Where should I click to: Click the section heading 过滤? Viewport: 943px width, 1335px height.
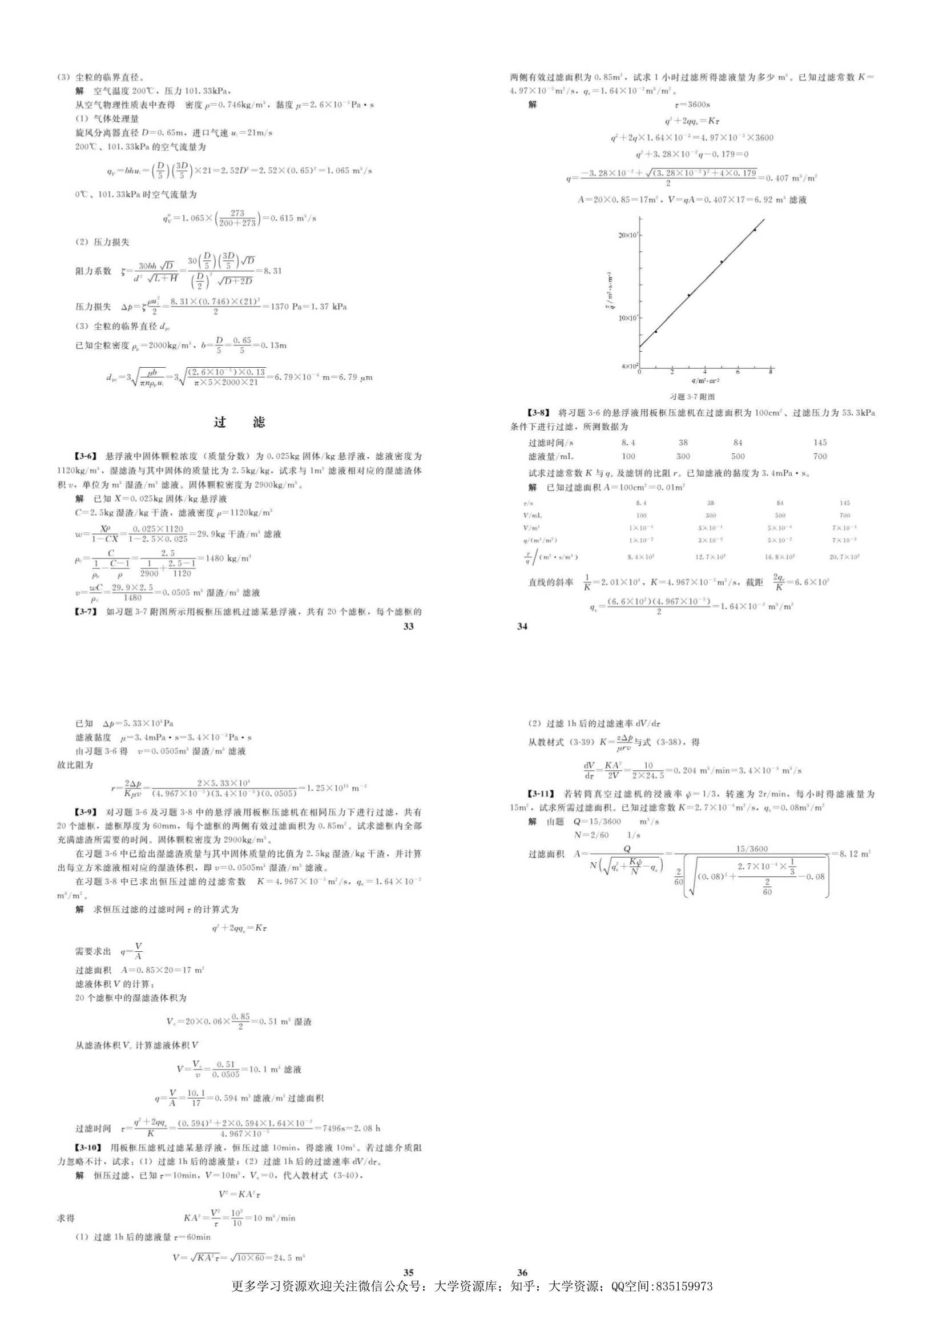(239, 422)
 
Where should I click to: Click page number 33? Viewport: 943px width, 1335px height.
(408, 626)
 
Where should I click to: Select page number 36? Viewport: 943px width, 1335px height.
(522, 1273)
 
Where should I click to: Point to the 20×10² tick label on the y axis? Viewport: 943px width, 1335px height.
(628, 235)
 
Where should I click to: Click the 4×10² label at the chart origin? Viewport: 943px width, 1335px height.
(629, 367)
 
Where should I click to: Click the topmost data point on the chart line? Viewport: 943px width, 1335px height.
(755, 230)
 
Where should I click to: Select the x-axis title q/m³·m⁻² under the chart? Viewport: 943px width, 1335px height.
(705, 381)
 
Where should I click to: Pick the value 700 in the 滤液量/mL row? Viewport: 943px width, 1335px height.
(820, 456)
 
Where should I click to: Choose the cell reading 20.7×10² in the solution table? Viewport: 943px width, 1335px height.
(844, 557)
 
